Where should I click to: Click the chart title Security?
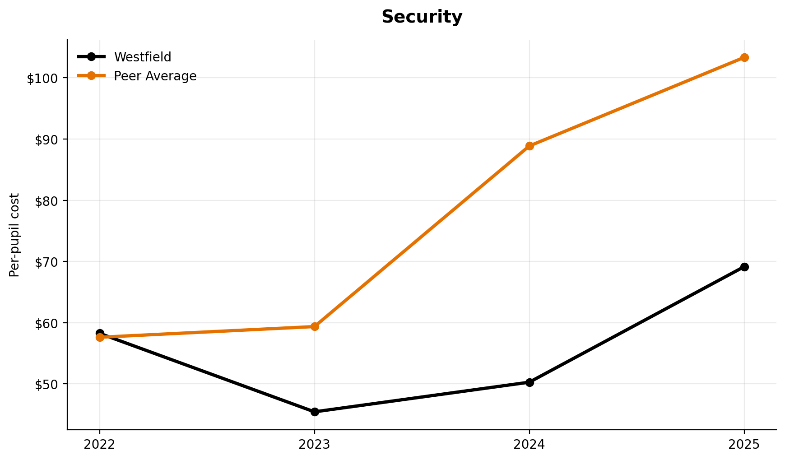(x=422, y=17)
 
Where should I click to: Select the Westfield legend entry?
(x=142, y=57)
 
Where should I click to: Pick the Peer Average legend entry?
(x=155, y=76)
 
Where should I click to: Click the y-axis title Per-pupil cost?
(x=14, y=235)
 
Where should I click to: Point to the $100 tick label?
(x=43, y=79)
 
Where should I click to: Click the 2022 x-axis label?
(x=100, y=445)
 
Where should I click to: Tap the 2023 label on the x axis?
(x=315, y=445)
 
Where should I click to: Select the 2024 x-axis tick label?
(x=530, y=445)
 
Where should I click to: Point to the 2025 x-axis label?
(x=744, y=445)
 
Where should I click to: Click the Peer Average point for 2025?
(x=744, y=57)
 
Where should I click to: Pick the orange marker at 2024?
(x=530, y=146)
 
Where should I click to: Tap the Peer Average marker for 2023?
(x=315, y=326)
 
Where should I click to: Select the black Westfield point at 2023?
(x=315, y=412)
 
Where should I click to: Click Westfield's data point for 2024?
(x=530, y=382)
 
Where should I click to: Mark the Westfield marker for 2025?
(x=744, y=267)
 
